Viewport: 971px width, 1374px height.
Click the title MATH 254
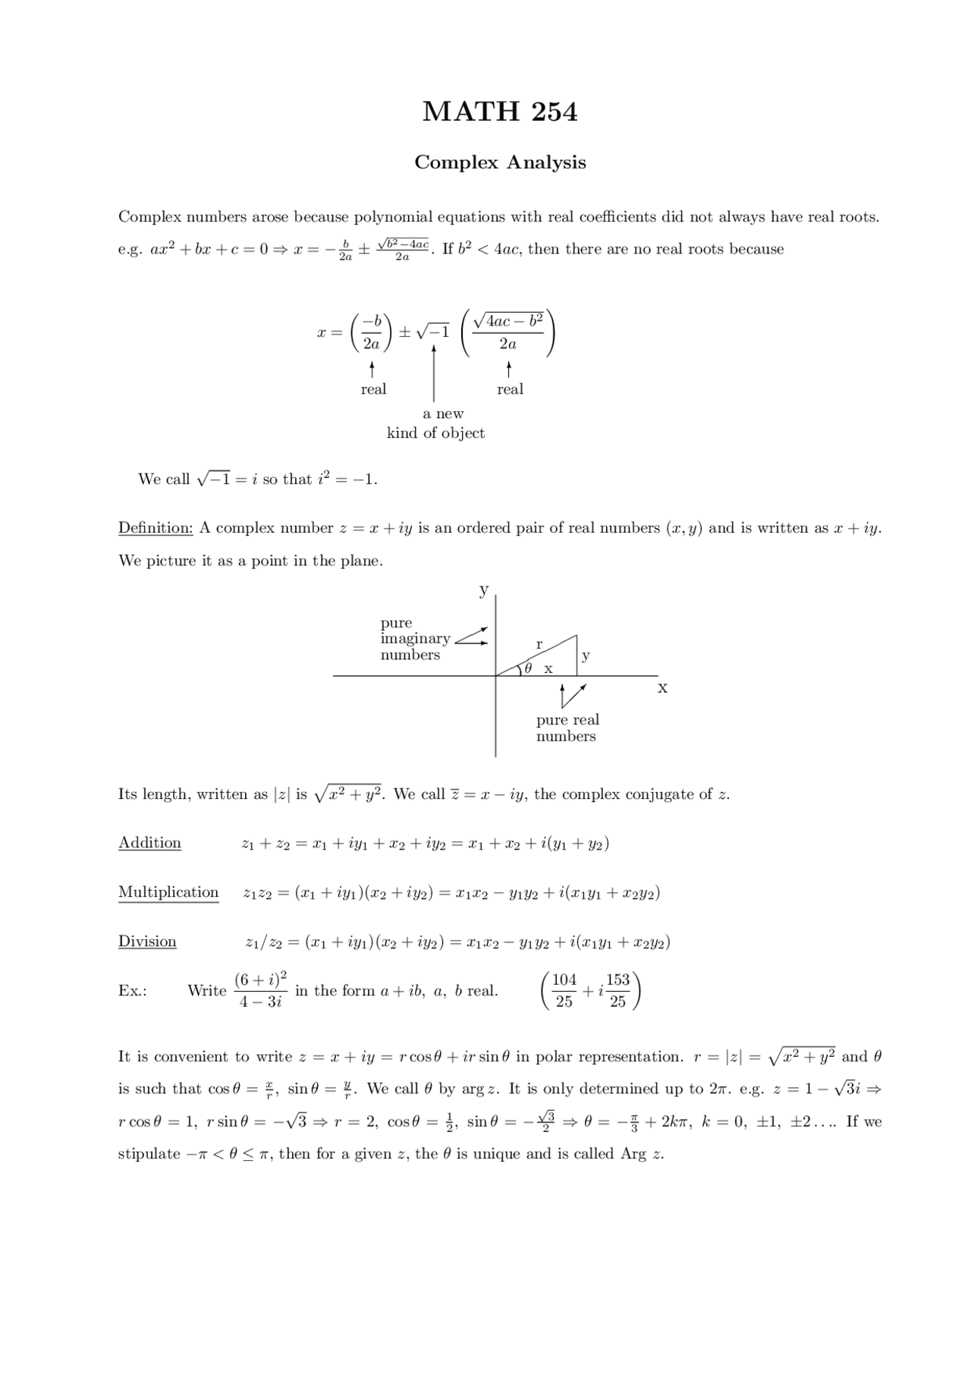pyautogui.click(x=500, y=112)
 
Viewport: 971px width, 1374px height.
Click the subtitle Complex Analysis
pyautogui.click(x=500, y=162)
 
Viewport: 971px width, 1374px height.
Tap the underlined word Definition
pyautogui.click(x=156, y=528)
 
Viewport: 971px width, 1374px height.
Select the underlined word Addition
pyautogui.click(x=149, y=843)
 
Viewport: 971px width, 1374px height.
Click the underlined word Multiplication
pyautogui.click(x=168, y=892)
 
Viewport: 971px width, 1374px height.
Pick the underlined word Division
pyautogui.click(x=147, y=942)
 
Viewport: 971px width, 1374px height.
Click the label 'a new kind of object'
pyautogui.click(x=436, y=424)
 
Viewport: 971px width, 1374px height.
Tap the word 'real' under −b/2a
pyautogui.click(x=373, y=389)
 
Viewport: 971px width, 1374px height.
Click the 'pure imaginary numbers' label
pyautogui.click(x=414, y=639)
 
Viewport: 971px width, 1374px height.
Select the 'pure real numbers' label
pyautogui.click(x=567, y=728)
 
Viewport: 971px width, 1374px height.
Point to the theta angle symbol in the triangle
pyautogui.click(x=529, y=668)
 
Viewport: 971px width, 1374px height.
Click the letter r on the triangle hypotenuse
pyautogui.click(x=539, y=644)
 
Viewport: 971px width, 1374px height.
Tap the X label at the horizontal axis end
pyautogui.click(x=662, y=688)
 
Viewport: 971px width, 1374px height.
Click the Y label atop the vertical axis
pyautogui.click(x=483, y=590)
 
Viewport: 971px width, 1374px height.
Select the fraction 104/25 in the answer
pyautogui.click(x=564, y=990)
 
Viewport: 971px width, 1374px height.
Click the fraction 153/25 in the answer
pyautogui.click(x=617, y=990)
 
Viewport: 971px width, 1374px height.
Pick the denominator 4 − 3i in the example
pyautogui.click(x=260, y=1001)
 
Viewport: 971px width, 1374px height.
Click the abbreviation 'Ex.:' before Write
pyautogui.click(x=133, y=991)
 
